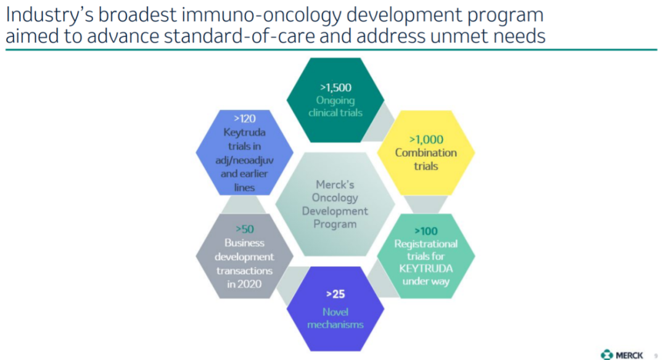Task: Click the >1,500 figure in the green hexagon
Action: point(335,88)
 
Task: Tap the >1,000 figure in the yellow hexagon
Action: point(426,139)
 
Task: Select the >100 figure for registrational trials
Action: point(426,231)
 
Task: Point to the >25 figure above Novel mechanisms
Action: point(335,294)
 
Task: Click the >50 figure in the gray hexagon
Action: point(245,229)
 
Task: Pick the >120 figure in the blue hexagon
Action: point(245,118)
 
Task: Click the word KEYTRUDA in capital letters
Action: point(426,268)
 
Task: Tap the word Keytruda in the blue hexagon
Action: point(245,133)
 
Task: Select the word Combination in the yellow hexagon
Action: point(426,152)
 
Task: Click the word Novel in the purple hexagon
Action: point(335,312)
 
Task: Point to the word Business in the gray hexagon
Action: point(245,243)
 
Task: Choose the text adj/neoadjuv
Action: point(245,160)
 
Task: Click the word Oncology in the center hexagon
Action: point(335,198)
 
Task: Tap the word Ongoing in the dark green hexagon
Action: point(335,100)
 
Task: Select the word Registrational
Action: point(426,243)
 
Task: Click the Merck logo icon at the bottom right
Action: point(607,354)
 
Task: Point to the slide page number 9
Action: point(656,356)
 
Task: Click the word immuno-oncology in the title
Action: point(261,15)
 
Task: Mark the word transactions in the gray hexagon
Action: point(245,271)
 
